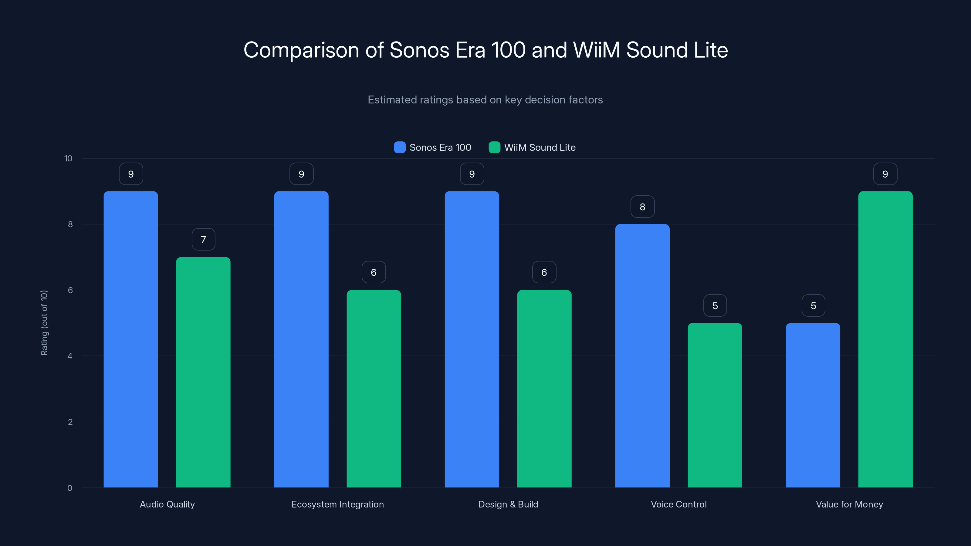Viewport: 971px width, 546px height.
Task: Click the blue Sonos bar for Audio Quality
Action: pyautogui.click(x=131, y=339)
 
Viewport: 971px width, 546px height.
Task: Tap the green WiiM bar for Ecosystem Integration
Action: pyautogui.click(x=374, y=389)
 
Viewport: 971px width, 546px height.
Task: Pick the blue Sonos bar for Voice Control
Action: pyautogui.click(x=642, y=356)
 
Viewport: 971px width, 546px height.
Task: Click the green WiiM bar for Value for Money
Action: pyautogui.click(x=885, y=339)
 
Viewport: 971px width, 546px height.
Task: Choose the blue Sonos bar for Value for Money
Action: pyautogui.click(x=813, y=405)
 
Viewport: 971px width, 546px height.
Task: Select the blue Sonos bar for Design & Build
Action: pyautogui.click(x=472, y=339)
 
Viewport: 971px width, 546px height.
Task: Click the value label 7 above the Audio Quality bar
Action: pyautogui.click(x=204, y=240)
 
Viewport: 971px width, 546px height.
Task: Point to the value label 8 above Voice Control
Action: pyautogui.click(x=642, y=207)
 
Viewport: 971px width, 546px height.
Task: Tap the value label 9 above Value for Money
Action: pyautogui.click(x=885, y=174)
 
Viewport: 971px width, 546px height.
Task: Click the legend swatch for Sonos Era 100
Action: pyautogui.click(x=400, y=147)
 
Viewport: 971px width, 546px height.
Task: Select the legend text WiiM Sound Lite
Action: pyautogui.click(x=540, y=147)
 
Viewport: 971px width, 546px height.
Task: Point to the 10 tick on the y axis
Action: pyautogui.click(x=68, y=158)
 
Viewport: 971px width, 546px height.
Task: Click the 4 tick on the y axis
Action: pyautogui.click(x=70, y=356)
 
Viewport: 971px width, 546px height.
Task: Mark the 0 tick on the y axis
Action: pyautogui.click(x=70, y=488)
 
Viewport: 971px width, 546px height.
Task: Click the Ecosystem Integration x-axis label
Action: pyautogui.click(x=337, y=504)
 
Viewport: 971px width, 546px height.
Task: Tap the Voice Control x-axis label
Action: pyautogui.click(x=678, y=504)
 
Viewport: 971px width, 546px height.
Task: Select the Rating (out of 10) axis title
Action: pyautogui.click(x=44, y=322)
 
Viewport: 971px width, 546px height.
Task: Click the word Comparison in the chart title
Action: pyautogui.click(x=301, y=50)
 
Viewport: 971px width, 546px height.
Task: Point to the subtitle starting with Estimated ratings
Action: pyautogui.click(x=485, y=100)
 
